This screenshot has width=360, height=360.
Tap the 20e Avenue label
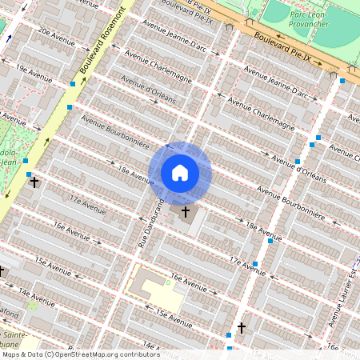coord(55,38)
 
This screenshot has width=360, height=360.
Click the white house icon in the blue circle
coord(180,173)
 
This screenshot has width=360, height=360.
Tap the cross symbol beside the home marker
coord(186,212)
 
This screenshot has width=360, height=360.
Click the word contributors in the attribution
coord(137,354)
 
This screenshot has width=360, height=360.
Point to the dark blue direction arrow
coord(9,37)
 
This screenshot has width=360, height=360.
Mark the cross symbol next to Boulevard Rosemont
coord(34,182)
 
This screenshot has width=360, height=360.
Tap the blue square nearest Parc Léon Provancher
coord(342,81)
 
